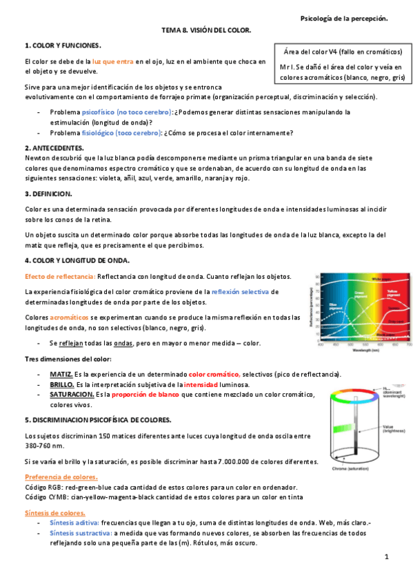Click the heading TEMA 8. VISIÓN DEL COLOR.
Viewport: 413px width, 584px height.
pos(206,31)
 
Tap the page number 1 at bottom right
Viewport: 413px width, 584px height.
pos(387,556)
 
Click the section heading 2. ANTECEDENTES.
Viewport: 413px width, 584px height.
pos(54,147)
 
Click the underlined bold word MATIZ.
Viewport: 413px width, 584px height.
pos(61,373)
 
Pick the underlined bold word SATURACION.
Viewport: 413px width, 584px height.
pos(72,394)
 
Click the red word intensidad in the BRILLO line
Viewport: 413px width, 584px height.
pos(201,384)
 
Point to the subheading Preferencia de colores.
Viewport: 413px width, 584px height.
pos(61,477)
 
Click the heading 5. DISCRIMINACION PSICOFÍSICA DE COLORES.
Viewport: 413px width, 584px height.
pos(98,419)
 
